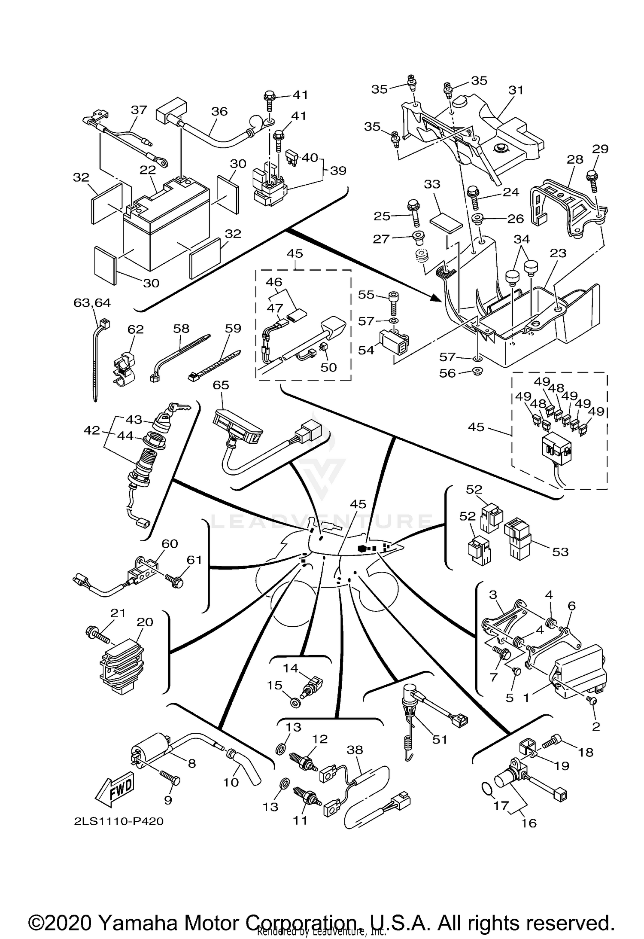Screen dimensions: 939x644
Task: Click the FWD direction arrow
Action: (114, 789)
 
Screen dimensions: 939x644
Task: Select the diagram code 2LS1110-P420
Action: (119, 821)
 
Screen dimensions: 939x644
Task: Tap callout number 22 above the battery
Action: (147, 170)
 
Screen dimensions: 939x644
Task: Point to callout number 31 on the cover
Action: (516, 90)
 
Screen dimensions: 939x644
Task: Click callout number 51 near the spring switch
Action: (440, 739)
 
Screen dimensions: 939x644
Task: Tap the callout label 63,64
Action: (92, 303)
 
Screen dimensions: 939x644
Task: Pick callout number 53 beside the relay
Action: (560, 552)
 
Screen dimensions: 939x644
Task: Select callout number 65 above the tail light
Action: (221, 385)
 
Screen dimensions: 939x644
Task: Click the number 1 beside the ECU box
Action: (526, 698)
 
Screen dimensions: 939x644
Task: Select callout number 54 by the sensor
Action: (367, 350)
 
